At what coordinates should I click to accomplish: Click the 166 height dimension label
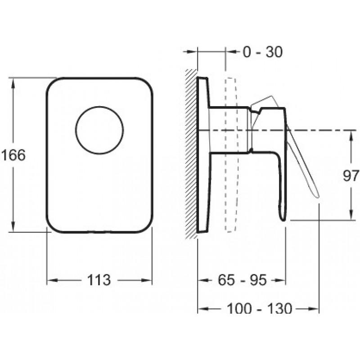pos(13,155)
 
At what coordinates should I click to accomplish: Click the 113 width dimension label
pos(99,280)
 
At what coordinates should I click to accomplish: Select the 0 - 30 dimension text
pos(263,52)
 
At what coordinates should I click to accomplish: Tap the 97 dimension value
pos(351,175)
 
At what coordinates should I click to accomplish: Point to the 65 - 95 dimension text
pos(242,280)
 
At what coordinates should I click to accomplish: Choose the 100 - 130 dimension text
pos(260,308)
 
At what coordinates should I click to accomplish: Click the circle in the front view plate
pos(99,130)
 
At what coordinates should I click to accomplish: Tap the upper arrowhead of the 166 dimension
pos(13,84)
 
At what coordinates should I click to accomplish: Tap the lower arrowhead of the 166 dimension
pos(13,226)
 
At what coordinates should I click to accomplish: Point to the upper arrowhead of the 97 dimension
pos(351,136)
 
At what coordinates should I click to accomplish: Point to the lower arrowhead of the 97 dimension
pos(351,215)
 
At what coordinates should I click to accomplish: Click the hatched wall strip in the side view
pos(191,154)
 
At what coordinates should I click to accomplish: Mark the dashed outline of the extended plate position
pos(230,155)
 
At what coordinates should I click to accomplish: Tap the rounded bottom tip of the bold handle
pos(283,220)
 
